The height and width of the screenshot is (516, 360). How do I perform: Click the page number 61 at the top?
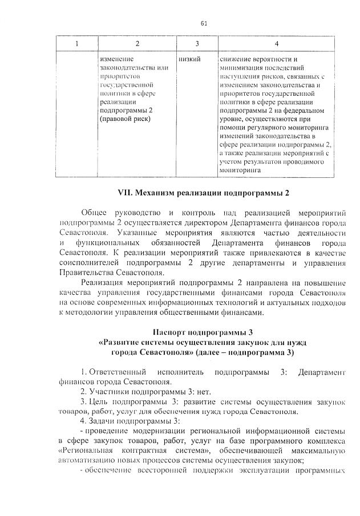203,23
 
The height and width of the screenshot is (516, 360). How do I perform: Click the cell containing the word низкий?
189,59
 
